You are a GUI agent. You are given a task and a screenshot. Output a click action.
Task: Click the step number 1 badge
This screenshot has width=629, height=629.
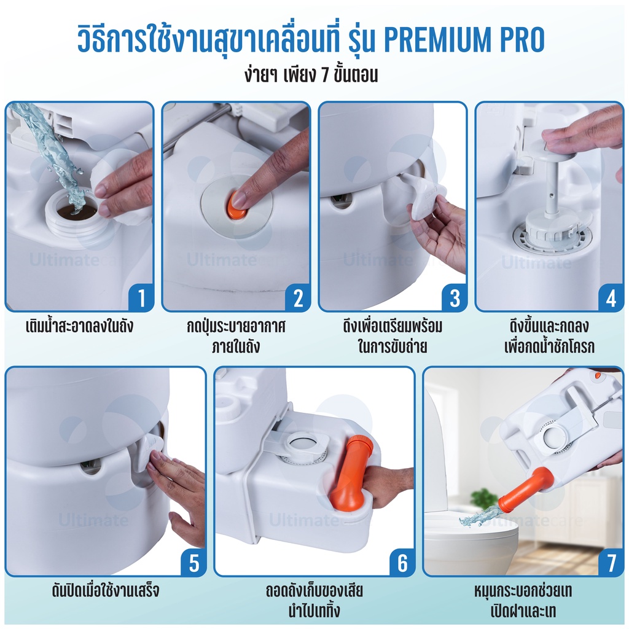pyautogui.click(x=141, y=298)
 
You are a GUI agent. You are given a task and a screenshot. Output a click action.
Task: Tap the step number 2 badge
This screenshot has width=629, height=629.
pyautogui.click(x=298, y=298)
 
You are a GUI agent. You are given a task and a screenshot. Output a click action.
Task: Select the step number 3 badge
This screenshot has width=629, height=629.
pyautogui.click(x=455, y=298)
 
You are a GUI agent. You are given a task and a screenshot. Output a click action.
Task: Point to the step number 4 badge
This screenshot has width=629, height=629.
pyautogui.click(x=611, y=298)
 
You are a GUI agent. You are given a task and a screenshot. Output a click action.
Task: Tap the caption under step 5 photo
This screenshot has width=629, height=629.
pyautogui.click(x=106, y=590)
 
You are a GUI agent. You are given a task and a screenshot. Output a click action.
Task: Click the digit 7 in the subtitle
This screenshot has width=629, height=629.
pyautogui.click(x=326, y=76)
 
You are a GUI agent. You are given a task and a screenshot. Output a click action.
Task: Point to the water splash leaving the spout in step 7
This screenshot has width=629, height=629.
pyautogui.click(x=479, y=517)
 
